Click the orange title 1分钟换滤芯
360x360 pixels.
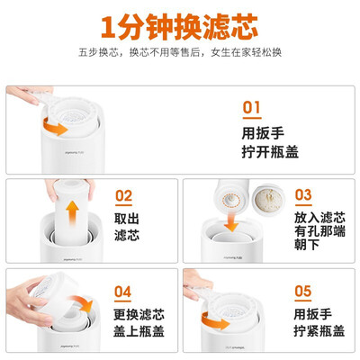[x=179, y=27]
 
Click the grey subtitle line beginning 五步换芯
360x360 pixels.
[x=180, y=52]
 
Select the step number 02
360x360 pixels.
[x=123, y=196]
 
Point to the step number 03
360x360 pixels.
[x=303, y=195]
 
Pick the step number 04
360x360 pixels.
[x=122, y=292]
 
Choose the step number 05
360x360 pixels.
[x=302, y=291]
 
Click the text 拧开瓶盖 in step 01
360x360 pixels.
[x=270, y=151]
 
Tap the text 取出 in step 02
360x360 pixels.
[x=127, y=219]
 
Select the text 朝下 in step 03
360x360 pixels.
[x=307, y=245]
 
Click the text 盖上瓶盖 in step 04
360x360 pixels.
[x=139, y=331]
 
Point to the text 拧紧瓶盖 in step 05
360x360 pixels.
[x=319, y=330]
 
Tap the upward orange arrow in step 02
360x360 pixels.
[x=72, y=213]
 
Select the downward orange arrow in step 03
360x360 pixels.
[x=231, y=221]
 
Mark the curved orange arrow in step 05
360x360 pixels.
[x=213, y=321]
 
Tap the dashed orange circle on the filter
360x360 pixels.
[x=230, y=199]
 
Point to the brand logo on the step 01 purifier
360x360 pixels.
[x=74, y=153]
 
